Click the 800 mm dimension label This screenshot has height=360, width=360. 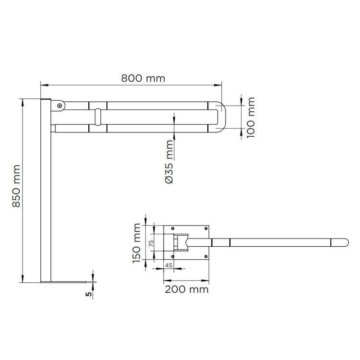coord(143,78)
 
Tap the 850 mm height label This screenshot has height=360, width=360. coord(16,186)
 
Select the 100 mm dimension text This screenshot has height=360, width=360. coord(251,117)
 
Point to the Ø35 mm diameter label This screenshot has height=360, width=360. coord(169,161)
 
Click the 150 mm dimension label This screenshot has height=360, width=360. coord(137,243)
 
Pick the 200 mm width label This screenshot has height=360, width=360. coord(187,289)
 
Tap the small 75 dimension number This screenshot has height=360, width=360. coord(151,243)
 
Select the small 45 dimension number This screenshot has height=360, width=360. coord(169,265)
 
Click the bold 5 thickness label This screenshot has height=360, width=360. coord(89,294)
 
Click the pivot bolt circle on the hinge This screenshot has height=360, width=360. coord(60,106)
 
